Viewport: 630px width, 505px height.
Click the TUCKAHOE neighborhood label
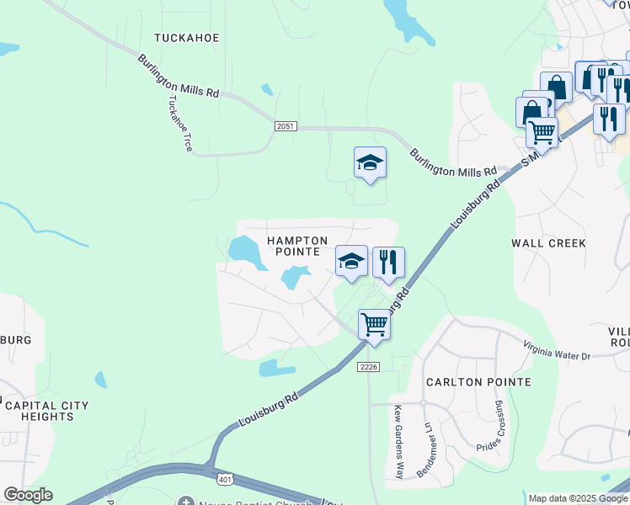click(x=187, y=38)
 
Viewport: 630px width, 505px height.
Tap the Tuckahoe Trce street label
click(x=180, y=122)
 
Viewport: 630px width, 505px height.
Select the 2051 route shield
click(x=286, y=125)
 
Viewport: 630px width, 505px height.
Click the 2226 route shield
click(x=369, y=366)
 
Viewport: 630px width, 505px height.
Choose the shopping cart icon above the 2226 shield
click(x=374, y=323)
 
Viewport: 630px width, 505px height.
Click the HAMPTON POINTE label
click(x=293, y=246)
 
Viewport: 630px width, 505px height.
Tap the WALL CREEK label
click(x=548, y=243)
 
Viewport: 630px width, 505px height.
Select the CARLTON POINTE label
click(x=478, y=382)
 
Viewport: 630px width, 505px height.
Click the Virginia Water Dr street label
click(x=557, y=350)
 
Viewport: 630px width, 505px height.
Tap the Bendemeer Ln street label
click(x=428, y=450)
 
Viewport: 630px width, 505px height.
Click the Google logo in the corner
click(x=28, y=495)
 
